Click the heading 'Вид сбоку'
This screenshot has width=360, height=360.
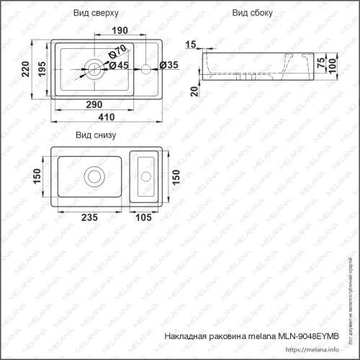tap(251, 14)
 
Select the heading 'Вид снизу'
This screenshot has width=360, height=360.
tap(96, 135)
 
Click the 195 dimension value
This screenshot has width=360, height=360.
tap(40, 69)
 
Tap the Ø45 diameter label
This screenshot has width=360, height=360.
tap(121, 66)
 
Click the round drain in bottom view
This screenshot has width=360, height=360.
tap(94, 176)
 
